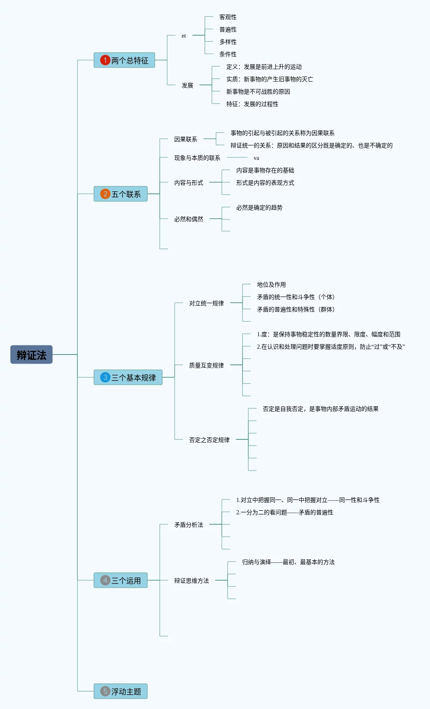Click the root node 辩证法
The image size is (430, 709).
[31, 354]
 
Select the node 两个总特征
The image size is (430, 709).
[124, 60]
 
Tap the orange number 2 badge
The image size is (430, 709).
[105, 194]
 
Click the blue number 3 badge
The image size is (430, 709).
[105, 377]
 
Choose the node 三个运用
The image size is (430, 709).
[120, 580]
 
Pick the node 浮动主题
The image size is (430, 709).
[120, 691]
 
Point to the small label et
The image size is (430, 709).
[184, 36]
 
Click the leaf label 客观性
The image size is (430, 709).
[228, 17]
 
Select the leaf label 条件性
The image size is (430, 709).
[228, 54]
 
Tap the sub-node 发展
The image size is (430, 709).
[187, 85]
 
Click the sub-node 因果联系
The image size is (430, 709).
[185, 139]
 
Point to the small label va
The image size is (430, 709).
[256, 158]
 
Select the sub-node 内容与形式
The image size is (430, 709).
[188, 183]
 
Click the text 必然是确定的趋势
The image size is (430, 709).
[259, 207]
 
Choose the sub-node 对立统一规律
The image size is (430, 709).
[206, 303]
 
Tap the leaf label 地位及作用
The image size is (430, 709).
[271, 285]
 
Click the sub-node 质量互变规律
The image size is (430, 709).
[206, 365]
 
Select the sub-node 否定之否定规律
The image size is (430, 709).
[209, 440]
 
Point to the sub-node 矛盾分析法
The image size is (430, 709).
[188, 525]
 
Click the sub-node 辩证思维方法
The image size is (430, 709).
[191, 581]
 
